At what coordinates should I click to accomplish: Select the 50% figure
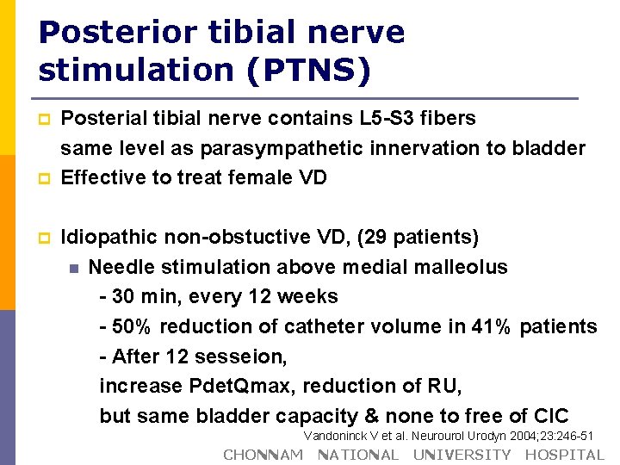(132, 326)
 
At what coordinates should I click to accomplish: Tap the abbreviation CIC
(550, 416)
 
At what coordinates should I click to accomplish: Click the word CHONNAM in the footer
(263, 455)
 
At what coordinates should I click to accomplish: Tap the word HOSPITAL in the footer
(565, 455)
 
